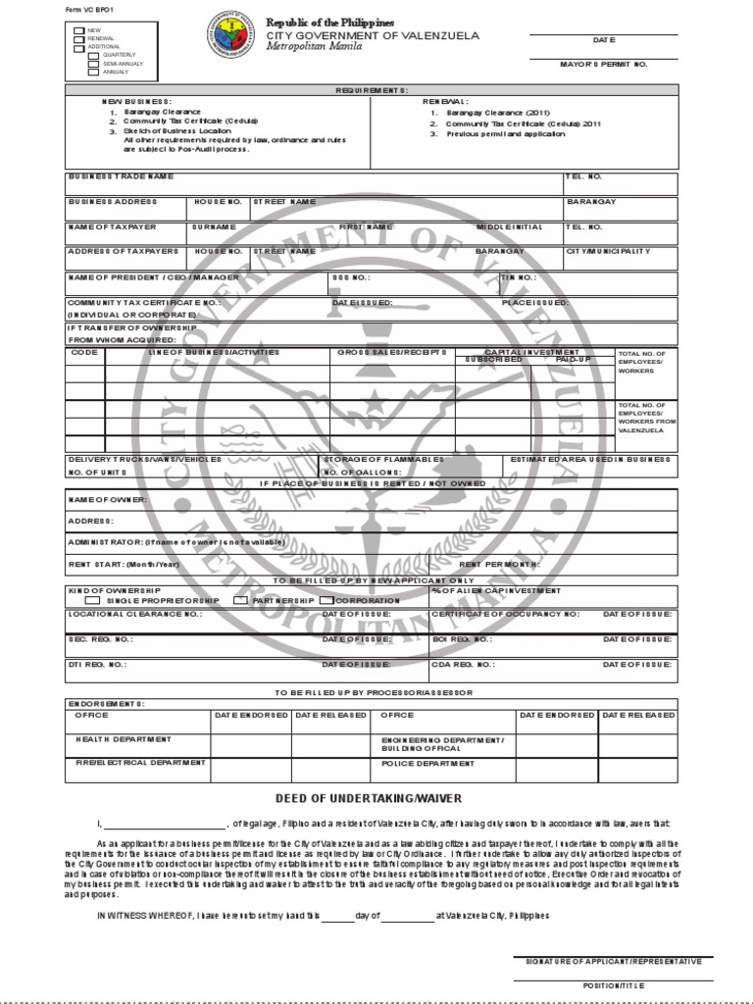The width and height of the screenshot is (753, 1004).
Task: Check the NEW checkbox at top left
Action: click(x=79, y=30)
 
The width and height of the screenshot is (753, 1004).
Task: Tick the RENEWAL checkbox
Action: click(x=79, y=38)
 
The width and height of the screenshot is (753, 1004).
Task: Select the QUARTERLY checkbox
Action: click(x=93, y=55)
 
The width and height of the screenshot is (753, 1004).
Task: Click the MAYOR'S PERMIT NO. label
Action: click(x=603, y=64)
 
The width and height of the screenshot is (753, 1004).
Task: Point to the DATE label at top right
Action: click(x=603, y=41)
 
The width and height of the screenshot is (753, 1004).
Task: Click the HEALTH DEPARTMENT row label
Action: click(x=123, y=739)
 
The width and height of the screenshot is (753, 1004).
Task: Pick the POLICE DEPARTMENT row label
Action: click(x=427, y=763)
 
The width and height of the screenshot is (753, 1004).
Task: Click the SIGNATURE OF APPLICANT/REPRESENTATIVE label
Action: click(x=614, y=962)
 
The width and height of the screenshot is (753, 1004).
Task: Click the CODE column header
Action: click(x=84, y=352)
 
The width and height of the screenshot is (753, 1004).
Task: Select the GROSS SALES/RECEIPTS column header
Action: click(x=392, y=352)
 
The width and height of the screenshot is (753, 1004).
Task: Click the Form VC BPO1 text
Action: click(x=86, y=9)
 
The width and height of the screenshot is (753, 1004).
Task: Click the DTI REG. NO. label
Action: click(x=97, y=664)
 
